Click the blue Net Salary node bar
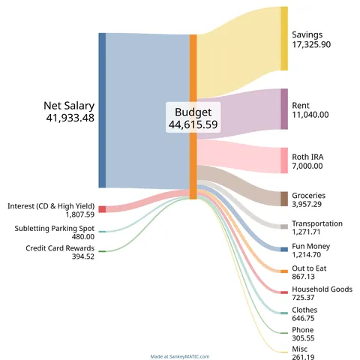click(x=102, y=110)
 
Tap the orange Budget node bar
click(x=193, y=116)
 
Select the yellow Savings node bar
click(x=284, y=38)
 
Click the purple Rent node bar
click(x=284, y=109)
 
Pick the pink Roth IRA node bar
click(x=284, y=160)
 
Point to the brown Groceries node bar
click(x=284, y=198)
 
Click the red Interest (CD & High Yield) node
click(x=102, y=209)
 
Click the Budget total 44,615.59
click(x=193, y=124)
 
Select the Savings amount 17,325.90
click(x=311, y=45)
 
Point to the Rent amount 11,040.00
click(x=310, y=115)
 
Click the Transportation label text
click(x=317, y=223)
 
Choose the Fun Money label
click(x=311, y=246)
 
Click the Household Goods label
click(x=322, y=289)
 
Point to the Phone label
click(x=303, y=330)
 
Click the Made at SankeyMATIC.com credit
click(x=180, y=357)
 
